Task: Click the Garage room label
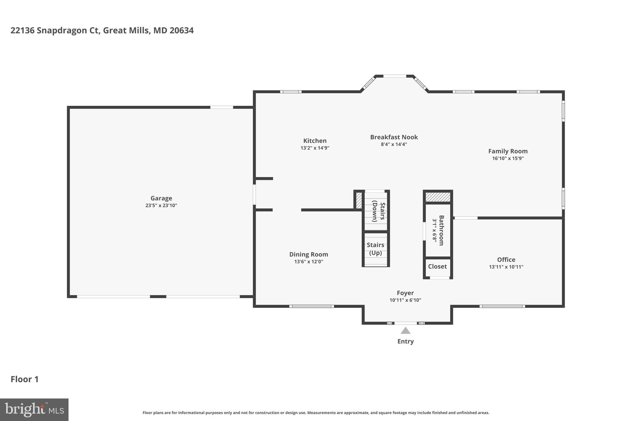tap(161, 198)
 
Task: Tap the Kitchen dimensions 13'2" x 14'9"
tap(315, 148)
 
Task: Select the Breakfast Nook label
tap(394, 137)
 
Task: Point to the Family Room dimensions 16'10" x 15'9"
tap(508, 159)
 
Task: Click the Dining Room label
tap(308, 254)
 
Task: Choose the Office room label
tap(506, 260)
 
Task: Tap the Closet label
tap(437, 266)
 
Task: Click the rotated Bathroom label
tap(441, 230)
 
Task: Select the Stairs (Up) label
tap(375, 249)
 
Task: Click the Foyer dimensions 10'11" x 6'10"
tap(405, 300)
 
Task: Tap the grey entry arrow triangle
tap(405, 331)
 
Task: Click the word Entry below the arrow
tap(405, 341)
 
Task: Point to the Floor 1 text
tap(25, 379)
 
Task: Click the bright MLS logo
tap(34, 410)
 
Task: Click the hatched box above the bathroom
tap(438, 197)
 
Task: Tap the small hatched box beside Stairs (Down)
tap(359, 200)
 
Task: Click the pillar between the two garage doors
tap(158, 297)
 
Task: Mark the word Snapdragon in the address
tap(62, 31)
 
